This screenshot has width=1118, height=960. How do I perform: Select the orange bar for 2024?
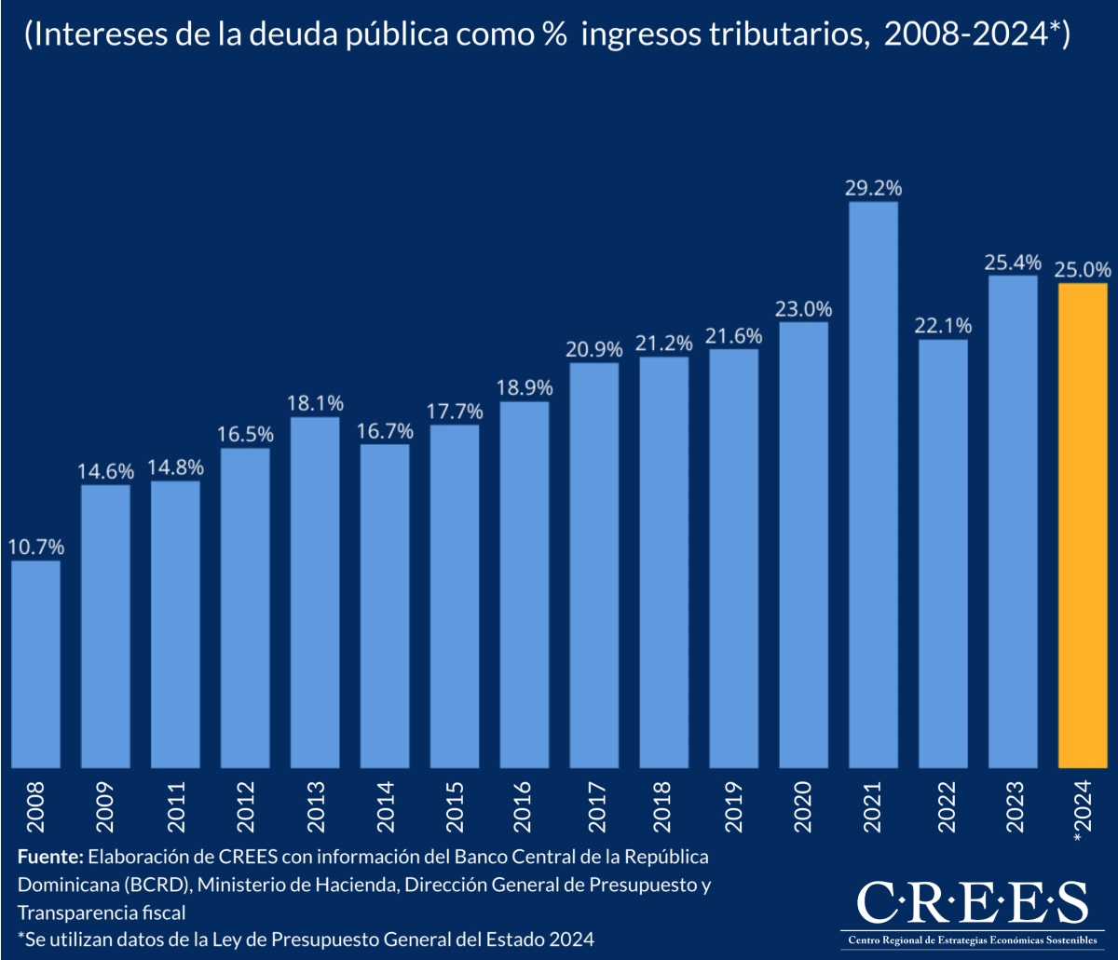click(1083, 526)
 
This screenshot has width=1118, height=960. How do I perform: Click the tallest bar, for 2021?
click(873, 485)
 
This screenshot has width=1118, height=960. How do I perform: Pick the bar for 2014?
click(385, 606)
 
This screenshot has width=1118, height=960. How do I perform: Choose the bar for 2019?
click(733, 559)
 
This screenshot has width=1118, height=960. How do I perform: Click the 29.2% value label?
click(874, 188)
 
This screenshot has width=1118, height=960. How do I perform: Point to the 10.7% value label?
click(36, 547)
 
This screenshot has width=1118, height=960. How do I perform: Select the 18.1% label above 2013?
click(316, 403)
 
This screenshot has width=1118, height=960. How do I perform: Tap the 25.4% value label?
click(1013, 262)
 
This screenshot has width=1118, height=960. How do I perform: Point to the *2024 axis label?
click(1084, 810)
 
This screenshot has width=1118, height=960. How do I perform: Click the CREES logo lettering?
click(971, 902)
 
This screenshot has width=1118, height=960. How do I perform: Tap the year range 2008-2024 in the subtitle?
click(960, 35)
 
